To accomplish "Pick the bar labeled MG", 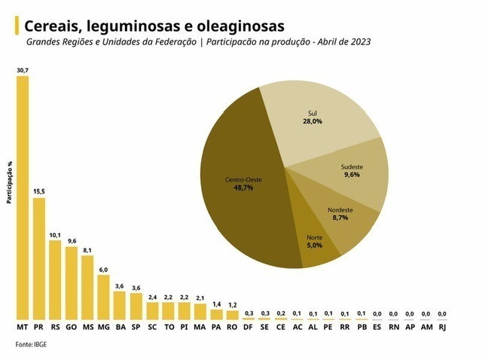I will [103, 297].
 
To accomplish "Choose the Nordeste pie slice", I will [343, 218].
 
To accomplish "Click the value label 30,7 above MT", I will [23, 70].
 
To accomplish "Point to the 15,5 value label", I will [39, 192].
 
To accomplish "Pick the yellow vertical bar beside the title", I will [17, 26].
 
